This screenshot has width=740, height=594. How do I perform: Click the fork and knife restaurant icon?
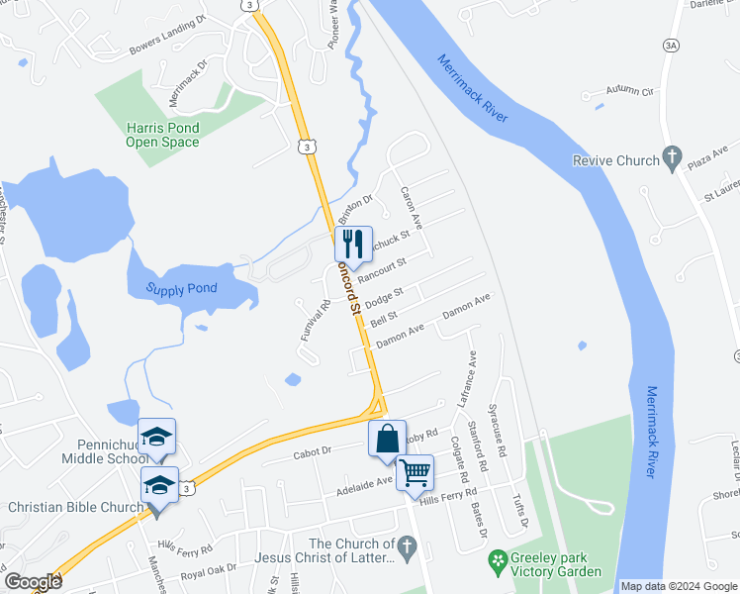click(x=353, y=243)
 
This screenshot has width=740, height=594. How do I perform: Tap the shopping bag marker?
click(x=387, y=438)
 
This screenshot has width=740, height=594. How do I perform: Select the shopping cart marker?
click(x=415, y=472)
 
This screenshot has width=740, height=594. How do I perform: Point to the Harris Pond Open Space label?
click(x=162, y=135)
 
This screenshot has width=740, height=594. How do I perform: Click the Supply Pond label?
click(x=181, y=289)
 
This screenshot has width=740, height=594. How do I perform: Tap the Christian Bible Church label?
click(x=75, y=508)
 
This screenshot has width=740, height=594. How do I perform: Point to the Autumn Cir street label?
click(x=632, y=91)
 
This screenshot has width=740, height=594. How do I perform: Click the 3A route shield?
click(x=670, y=45)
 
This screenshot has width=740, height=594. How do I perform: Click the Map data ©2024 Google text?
click(x=678, y=586)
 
